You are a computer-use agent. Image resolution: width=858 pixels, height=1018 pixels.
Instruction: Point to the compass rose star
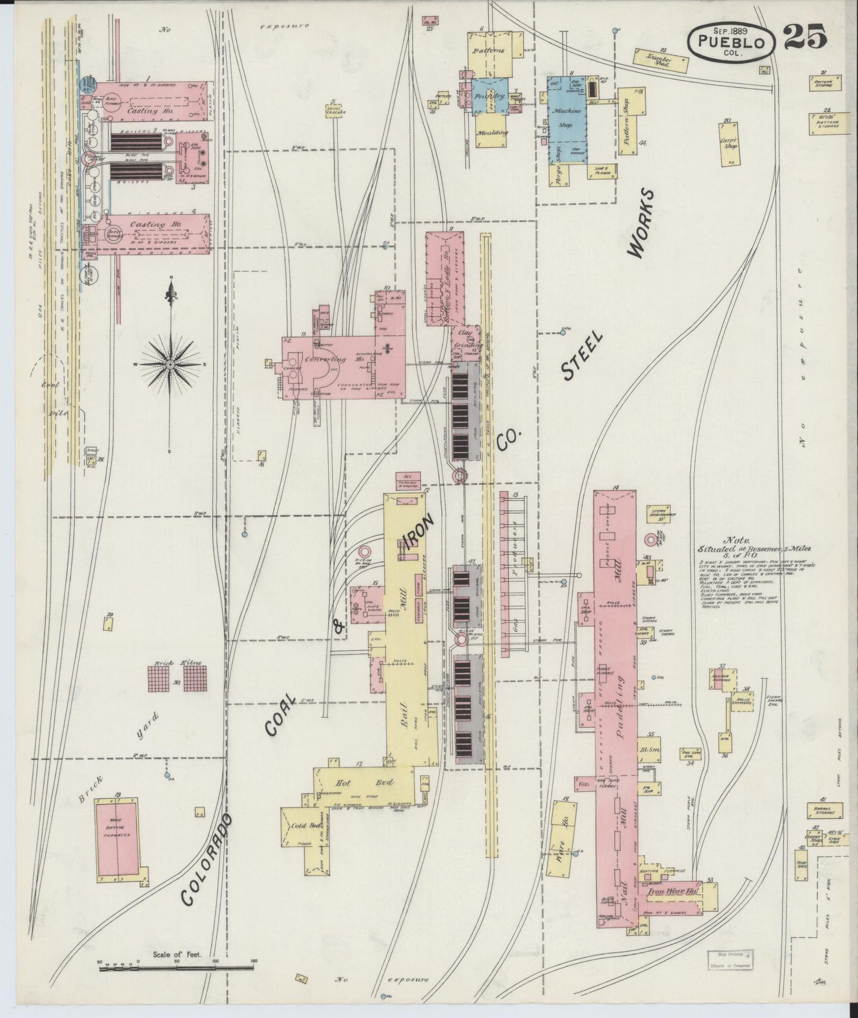coord(170,363)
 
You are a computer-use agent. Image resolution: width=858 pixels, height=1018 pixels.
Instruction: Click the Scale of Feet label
coord(177,954)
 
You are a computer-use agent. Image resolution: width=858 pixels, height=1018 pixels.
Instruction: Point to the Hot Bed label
coord(363,782)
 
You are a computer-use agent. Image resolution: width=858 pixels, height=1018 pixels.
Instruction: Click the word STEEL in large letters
coord(582,355)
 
